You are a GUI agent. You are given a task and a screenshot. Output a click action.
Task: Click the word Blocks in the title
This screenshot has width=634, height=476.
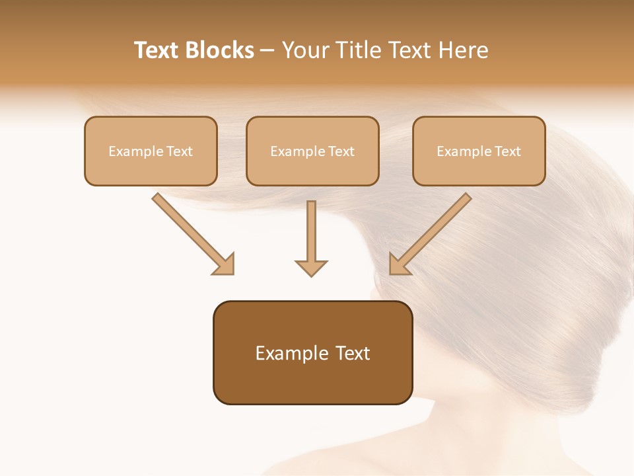coord(221,50)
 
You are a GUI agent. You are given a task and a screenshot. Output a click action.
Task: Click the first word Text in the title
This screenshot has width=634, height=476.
coord(158,50)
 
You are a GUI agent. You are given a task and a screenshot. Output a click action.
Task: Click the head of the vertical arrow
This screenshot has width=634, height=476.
coord(311,267)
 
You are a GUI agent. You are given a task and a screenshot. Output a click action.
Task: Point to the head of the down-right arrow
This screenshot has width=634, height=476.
coord(225,264)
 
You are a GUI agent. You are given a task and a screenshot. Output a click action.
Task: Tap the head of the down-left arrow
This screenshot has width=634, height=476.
coord(399,264)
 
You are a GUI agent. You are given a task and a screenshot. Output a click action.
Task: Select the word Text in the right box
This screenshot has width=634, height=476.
coord(507,151)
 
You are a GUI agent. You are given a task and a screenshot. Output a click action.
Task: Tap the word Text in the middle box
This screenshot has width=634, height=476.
coord(341,151)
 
